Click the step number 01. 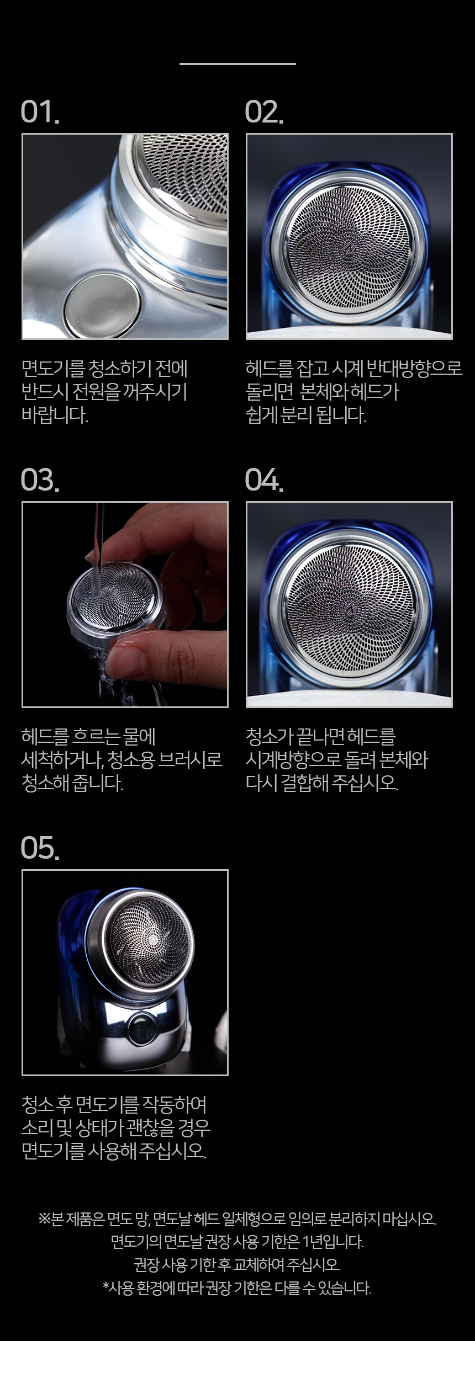[x=40, y=112]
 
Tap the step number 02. [x=264, y=112]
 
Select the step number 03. [x=40, y=480]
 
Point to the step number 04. [x=264, y=480]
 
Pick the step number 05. [x=40, y=848]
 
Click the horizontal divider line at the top [x=237, y=64]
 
